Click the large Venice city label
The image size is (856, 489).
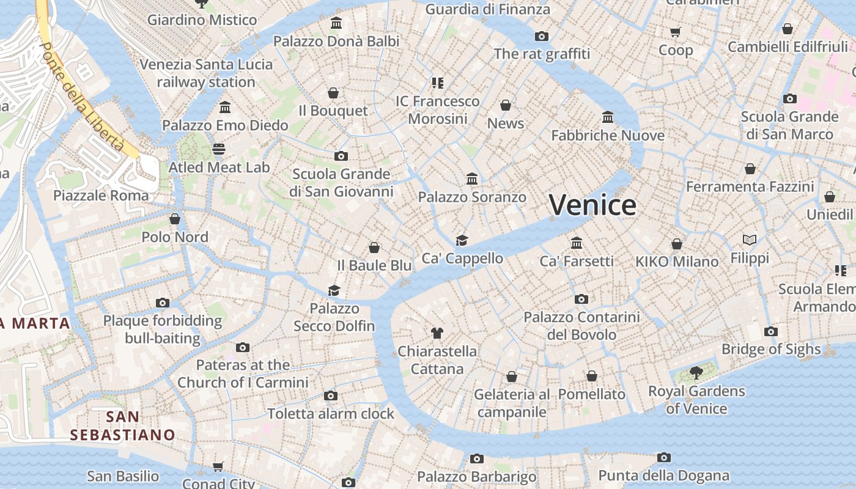[592, 205]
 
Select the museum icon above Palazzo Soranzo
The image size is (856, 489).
[472, 179]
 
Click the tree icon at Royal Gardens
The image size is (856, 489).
[696, 372]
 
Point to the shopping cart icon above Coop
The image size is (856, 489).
[675, 32]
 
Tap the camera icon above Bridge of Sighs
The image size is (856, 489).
[771, 331]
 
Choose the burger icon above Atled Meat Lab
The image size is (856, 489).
[219, 149]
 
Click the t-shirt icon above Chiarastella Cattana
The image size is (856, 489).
[437, 333]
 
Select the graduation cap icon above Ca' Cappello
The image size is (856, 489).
[462, 240]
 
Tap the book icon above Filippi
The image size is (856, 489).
[750, 240]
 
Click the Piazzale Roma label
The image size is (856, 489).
[101, 196]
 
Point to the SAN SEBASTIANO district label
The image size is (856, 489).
[122, 426]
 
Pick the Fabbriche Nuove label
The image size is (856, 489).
[608, 135]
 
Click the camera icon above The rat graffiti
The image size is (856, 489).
[542, 36]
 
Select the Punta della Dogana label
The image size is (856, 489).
[663, 476]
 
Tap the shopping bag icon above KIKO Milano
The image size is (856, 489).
[676, 244]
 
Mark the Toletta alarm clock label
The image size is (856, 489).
[331, 414]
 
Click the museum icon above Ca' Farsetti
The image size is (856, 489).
[576, 243]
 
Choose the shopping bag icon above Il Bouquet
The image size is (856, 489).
[333, 93]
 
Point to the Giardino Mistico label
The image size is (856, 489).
[202, 20]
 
